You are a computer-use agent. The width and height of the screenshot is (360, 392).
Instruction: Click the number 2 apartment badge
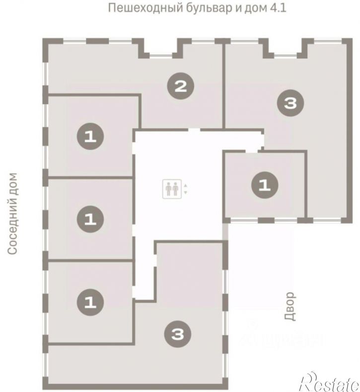point(180,87)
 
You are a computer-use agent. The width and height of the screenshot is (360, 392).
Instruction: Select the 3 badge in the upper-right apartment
point(290,103)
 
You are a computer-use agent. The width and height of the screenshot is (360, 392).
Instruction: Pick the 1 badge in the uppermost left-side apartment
point(90,136)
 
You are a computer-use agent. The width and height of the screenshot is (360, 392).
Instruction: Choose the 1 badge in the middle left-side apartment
point(90,219)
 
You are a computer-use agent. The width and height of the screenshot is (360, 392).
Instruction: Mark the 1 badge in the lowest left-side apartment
point(90,301)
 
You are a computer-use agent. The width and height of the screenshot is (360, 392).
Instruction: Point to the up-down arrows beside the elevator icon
point(186,189)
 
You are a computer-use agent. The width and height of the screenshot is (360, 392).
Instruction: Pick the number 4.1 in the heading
point(279,8)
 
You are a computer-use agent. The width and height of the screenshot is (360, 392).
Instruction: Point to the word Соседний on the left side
point(12,228)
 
